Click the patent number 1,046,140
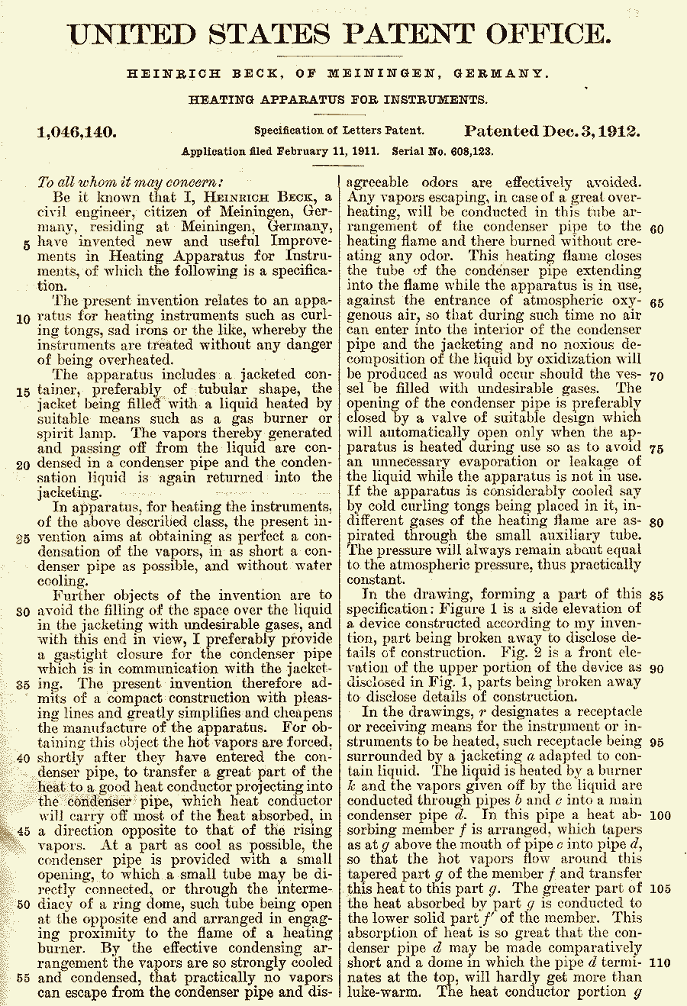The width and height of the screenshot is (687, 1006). point(77,131)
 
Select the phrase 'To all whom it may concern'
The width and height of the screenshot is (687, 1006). point(131,182)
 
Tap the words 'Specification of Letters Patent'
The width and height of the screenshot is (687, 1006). point(339,131)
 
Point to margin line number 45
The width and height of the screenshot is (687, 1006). point(23,832)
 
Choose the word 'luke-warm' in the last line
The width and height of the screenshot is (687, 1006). point(383,992)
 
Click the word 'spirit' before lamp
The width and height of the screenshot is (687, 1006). point(57,434)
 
